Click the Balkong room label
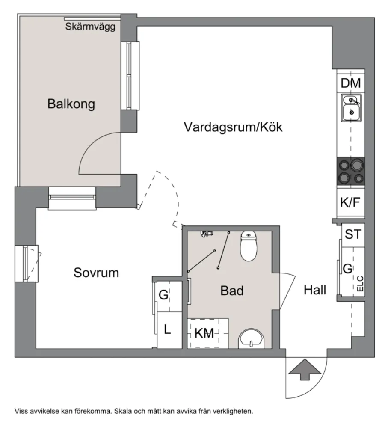[x=71, y=104]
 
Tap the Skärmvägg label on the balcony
[x=91, y=27]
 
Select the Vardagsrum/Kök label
[x=233, y=127]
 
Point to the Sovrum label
[x=96, y=273]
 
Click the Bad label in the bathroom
[x=232, y=291]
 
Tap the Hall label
[x=315, y=290]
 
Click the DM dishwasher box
[x=351, y=83]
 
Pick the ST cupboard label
[x=353, y=234]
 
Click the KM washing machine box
[x=204, y=333]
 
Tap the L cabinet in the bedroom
[x=168, y=330]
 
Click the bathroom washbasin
[x=252, y=339]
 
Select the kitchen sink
[x=351, y=107]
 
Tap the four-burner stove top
[x=351, y=171]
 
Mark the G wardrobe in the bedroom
[x=163, y=295]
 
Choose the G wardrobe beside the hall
[x=348, y=269]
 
